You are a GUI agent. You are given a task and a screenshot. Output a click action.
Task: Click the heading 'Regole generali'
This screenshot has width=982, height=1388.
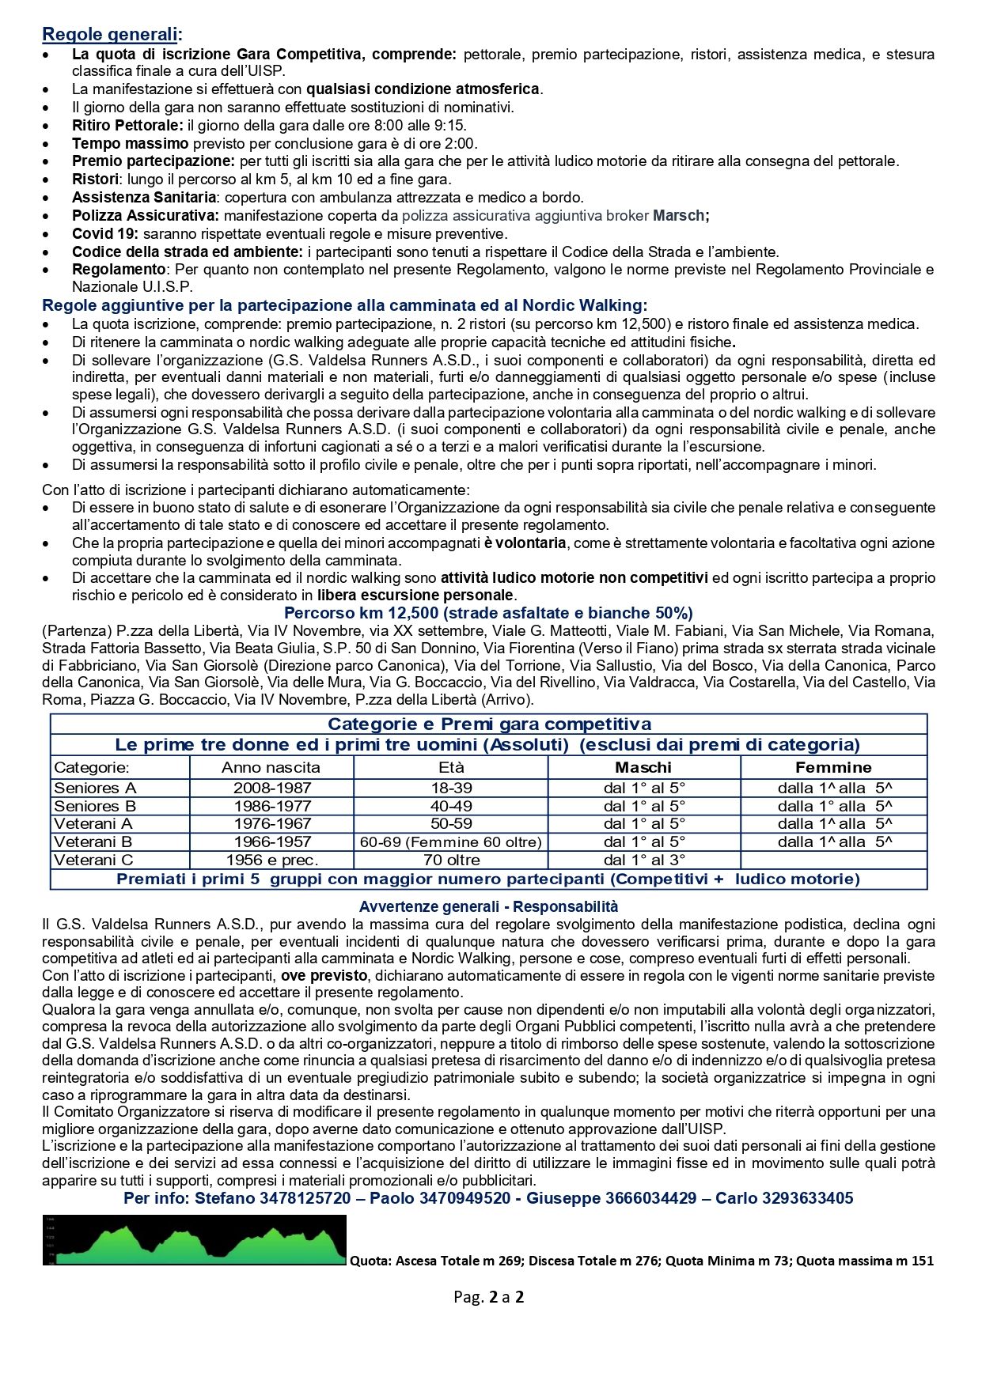[x=112, y=35]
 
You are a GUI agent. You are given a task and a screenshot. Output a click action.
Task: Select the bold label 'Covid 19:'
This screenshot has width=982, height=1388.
[x=105, y=233]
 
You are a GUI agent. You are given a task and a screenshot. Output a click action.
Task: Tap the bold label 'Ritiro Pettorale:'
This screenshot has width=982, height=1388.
[x=127, y=125]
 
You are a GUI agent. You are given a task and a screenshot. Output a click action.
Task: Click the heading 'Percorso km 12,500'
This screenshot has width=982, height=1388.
[x=488, y=613]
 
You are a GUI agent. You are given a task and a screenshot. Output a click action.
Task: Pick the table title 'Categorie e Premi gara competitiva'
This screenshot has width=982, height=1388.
[x=489, y=724]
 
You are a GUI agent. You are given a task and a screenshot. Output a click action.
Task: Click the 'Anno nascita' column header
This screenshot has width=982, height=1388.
[x=271, y=767]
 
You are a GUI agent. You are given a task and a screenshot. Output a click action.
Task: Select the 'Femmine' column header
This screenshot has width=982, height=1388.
[x=833, y=767]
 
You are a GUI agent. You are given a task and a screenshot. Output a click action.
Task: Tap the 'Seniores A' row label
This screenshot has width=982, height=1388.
[x=95, y=788]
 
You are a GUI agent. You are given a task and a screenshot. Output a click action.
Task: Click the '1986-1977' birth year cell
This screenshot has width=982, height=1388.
[x=272, y=806]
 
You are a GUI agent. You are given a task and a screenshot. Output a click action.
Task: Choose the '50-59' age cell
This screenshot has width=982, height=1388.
[x=451, y=823]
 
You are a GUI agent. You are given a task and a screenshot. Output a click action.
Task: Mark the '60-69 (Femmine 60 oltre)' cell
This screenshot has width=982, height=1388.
[x=451, y=841]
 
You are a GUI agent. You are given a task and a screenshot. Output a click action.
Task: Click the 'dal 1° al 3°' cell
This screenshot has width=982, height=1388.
[x=644, y=860]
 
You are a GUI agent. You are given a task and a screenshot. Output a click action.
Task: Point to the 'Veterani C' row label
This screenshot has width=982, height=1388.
[x=93, y=860]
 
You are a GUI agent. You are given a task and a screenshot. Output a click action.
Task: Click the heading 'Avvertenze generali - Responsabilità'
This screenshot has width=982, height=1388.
[x=488, y=906]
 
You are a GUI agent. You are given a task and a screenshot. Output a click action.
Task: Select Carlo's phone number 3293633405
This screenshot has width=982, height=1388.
[x=807, y=1198]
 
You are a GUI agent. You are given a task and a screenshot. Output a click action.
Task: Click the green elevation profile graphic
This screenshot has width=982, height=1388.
[x=195, y=1240]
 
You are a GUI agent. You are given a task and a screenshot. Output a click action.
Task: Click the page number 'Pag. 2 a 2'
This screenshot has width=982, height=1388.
[x=489, y=1297]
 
